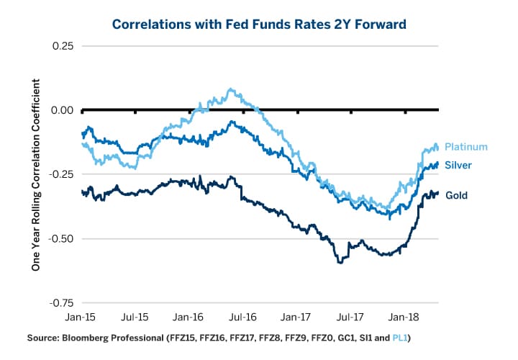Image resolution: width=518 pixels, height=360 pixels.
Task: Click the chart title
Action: pyautogui.click(x=259, y=24)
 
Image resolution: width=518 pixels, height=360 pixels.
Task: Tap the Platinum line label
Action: pyautogui.click(x=466, y=147)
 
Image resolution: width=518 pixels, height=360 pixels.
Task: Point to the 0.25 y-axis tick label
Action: pyautogui.click(x=63, y=46)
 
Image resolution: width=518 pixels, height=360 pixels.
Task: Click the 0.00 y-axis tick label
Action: pyautogui.click(x=63, y=110)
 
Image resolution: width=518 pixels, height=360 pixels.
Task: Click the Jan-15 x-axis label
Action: pyautogui.click(x=83, y=316)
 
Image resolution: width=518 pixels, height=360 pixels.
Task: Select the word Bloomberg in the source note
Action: pyautogui.click(x=88, y=337)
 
